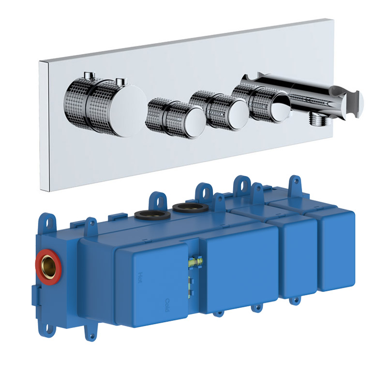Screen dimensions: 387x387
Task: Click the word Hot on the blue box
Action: pyautogui.click(x=140, y=277)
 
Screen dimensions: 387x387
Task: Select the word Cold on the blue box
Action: pyautogui.click(x=167, y=305)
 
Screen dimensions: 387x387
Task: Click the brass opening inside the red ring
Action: pyautogui.click(x=49, y=267)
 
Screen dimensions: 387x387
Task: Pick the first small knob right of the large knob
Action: pyautogui.click(x=177, y=118)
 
